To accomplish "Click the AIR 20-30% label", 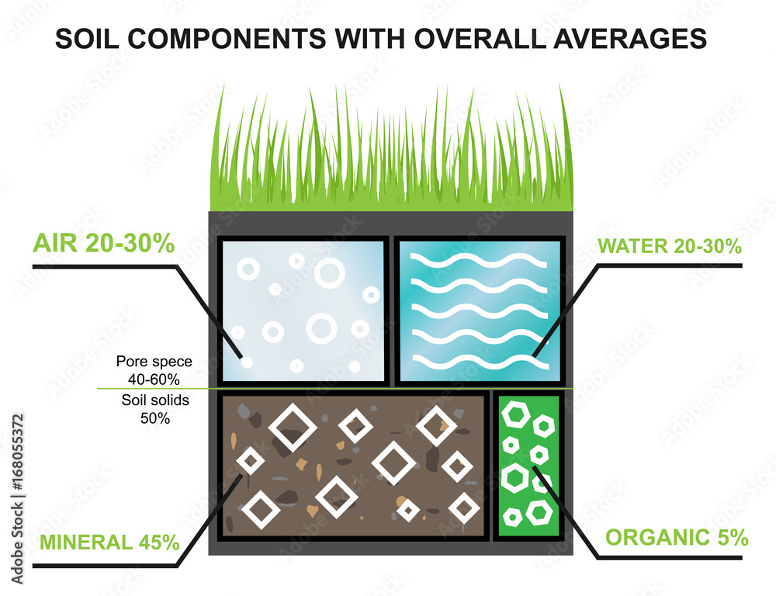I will click(103, 244).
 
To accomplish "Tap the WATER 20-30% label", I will click(670, 247).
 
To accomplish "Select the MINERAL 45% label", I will click(109, 542).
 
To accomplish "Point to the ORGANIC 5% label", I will click(676, 537).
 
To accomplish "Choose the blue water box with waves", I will click(478, 310).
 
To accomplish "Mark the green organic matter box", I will click(528, 466).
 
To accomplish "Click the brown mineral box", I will click(353, 466).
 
